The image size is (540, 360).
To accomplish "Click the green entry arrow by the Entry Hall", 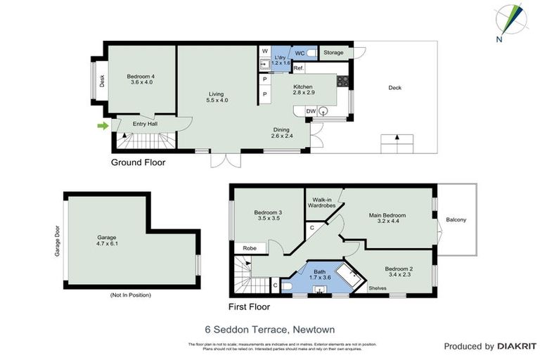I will pos(103,126).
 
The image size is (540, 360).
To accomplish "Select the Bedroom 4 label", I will pos(141,79).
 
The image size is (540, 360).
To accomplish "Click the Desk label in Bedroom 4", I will pos(102,82).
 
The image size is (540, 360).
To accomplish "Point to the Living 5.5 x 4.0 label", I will pos(217,96).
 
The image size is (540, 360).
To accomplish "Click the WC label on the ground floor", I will pos(300,53).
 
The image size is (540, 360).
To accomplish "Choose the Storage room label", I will pos(334,53).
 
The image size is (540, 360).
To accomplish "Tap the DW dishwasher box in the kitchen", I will pos(311,111).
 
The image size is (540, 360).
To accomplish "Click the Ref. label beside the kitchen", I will pos(298,68).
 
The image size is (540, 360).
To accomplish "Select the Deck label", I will pos(395,88).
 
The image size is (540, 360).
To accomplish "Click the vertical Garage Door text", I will pos(58,241).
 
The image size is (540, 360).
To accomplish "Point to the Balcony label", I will pos(456,220).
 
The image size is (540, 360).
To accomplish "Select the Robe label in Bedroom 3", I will pos(250,248).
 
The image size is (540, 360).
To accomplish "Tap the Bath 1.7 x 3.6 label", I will pos(320,274).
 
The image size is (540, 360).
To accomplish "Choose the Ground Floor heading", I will pos(139,162).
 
